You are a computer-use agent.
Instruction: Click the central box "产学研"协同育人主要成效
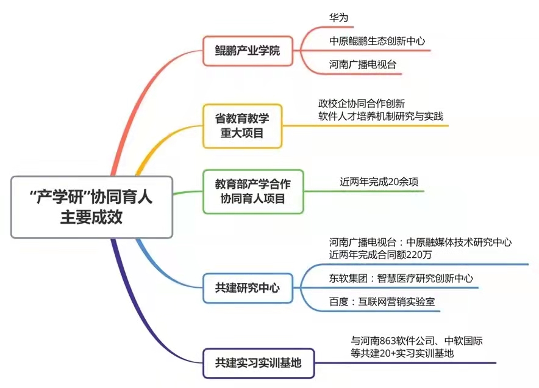tap(91, 207)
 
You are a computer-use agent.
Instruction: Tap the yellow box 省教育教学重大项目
tap(242, 125)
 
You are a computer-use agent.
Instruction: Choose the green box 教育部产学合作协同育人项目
tap(252, 191)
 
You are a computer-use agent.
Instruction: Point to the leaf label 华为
tap(338, 18)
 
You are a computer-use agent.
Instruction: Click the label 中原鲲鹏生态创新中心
tap(376, 41)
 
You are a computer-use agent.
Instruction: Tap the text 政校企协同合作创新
tap(362, 103)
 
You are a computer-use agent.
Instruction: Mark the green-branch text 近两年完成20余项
tap(379, 181)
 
